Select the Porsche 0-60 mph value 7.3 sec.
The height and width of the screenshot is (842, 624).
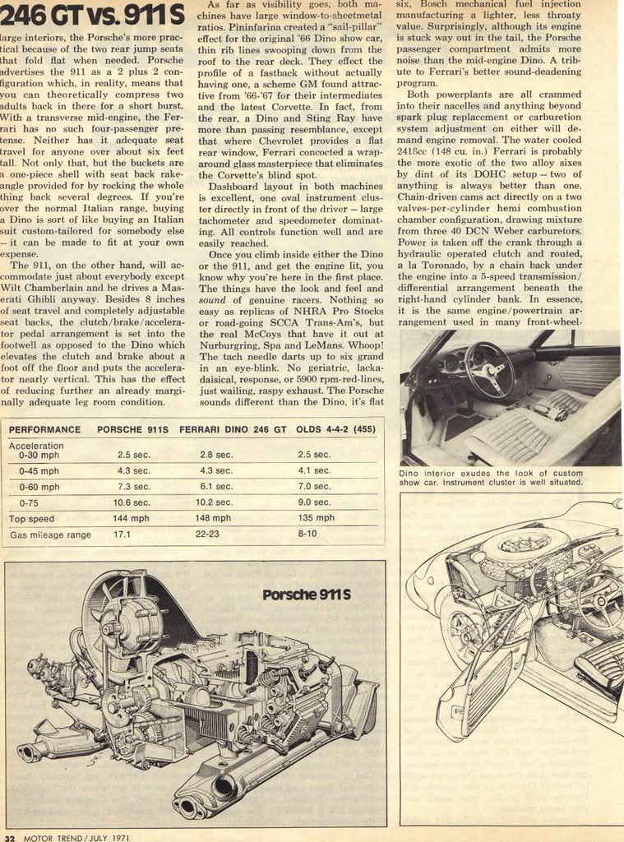[x=133, y=487]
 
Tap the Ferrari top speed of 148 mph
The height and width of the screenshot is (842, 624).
[x=215, y=518]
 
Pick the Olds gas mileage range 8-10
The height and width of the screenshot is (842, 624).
[x=307, y=534]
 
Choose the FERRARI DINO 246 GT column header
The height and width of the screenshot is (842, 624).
[x=233, y=429]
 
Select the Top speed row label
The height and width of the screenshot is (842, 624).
[x=31, y=519]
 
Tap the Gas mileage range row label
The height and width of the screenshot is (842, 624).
[x=50, y=535]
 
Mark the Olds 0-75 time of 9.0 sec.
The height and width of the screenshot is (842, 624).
[x=314, y=502]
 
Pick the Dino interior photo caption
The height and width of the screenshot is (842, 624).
[x=491, y=478]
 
